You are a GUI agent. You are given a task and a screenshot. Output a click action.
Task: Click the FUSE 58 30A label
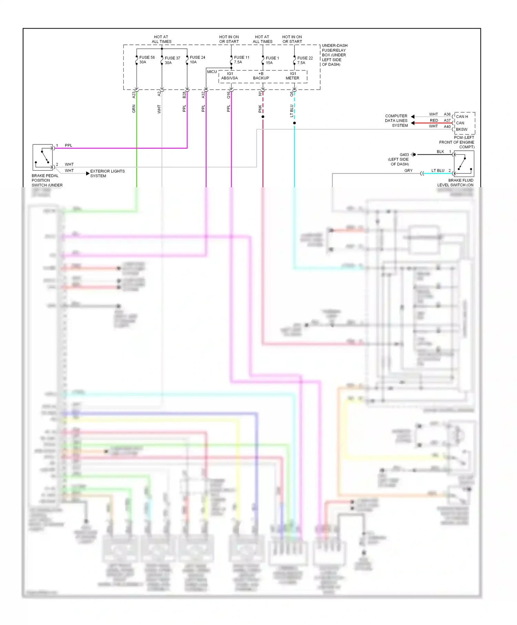[x=146, y=60]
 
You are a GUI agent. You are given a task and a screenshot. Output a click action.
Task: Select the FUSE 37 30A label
[x=172, y=60]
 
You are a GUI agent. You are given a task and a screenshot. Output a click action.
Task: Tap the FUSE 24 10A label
[x=197, y=60]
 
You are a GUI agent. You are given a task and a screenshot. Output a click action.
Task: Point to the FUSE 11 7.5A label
[x=241, y=60]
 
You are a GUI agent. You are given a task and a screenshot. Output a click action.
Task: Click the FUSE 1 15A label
[x=272, y=60]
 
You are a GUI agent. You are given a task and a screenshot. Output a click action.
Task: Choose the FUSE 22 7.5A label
[x=305, y=60]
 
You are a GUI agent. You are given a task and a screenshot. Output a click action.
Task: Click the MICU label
[x=212, y=72]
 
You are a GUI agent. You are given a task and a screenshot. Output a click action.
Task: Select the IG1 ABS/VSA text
[x=230, y=76]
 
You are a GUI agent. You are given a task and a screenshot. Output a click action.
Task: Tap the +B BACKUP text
[x=261, y=76]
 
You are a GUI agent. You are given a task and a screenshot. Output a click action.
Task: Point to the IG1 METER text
[x=293, y=76]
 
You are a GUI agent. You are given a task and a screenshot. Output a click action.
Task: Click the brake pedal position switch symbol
[x=43, y=157]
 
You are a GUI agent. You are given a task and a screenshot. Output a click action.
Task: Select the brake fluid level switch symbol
[x=464, y=164]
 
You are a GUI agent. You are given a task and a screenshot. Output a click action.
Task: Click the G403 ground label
[x=404, y=155]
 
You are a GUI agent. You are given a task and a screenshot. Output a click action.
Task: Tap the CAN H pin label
[x=462, y=117]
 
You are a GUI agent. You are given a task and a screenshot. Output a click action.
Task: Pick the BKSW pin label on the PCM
[x=462, y=130]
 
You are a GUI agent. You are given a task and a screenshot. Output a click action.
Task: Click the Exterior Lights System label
[x=107, y=173]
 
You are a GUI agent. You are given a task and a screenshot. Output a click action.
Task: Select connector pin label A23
[x=134, y=95]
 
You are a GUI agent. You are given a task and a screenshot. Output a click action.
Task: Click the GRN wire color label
[x=134, y=109]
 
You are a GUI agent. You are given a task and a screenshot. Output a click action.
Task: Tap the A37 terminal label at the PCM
[x=447, y=120]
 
